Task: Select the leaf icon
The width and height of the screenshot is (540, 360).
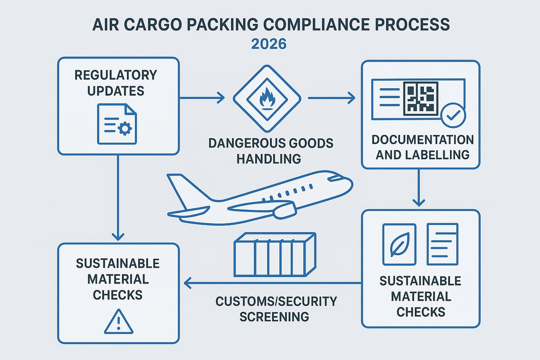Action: (x=399, y=244)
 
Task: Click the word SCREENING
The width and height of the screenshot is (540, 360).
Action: (x=274, y=316)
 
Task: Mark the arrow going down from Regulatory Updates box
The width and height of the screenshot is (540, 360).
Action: (x=117, y=198)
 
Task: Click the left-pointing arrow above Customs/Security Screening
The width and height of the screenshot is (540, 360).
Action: (x=270, y=283)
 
